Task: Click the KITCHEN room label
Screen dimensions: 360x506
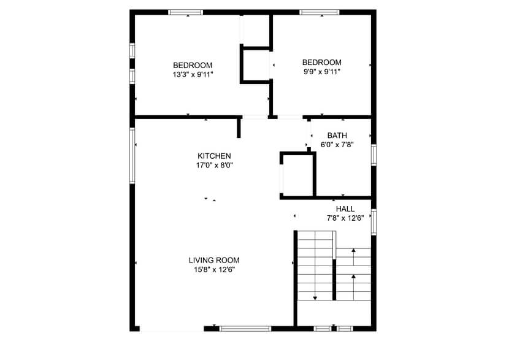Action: [x=214, y=156]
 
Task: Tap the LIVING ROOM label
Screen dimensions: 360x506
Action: [x=213, y=260]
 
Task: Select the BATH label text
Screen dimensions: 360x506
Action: [x=337, y=136]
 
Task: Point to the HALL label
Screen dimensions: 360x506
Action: [x=345, y=209]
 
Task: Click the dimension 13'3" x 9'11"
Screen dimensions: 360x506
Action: [x=193, y=75]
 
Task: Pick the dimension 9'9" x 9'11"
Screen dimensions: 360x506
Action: [x=321, y=71]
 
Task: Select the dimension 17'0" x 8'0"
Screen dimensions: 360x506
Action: [x=214, y=165]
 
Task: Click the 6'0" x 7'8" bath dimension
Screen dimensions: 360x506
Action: [x=337, y=145]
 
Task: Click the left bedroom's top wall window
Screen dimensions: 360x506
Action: [x=186, y=12]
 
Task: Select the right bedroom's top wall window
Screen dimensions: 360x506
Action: [x=319, y=12]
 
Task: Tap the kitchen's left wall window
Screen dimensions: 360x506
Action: [x=131, y=155]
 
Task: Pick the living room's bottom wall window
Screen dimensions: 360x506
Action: [x=245, y=329]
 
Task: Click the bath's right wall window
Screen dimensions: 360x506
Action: [x=374, y=155]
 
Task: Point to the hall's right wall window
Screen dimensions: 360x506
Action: [x=374, y=222]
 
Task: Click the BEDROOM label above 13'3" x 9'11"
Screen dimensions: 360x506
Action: [x=193, y=66]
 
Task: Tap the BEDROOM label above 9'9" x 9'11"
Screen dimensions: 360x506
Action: [x=321, y=62]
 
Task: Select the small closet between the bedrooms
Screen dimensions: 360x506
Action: [x=256, y=64]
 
